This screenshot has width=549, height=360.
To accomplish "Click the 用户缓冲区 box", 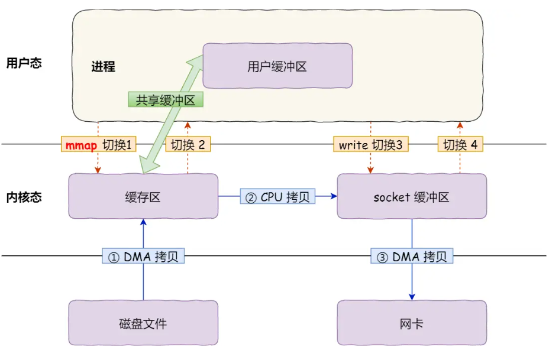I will click(x=277, y=66).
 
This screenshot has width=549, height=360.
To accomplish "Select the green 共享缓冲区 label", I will click(x=166, y=100).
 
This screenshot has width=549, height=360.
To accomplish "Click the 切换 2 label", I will click(x=188, y=145).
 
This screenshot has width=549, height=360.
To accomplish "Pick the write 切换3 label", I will click(x=370, y=145).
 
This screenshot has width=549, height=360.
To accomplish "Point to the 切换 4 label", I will click(x=460, y=145).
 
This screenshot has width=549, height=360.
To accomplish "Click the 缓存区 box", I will click(x=143, y=196).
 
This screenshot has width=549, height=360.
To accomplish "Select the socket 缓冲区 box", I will click(x=411, y=196).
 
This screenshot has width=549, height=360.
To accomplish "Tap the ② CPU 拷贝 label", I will click(x=277, y=197).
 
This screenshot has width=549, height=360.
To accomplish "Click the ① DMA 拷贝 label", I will click(x=144, y=257).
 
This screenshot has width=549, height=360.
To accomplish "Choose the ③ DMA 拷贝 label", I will click(x=412, y=257).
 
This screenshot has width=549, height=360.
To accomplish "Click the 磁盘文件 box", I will click(x=143, y=323).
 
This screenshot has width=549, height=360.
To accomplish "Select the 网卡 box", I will click(x=411, y=323).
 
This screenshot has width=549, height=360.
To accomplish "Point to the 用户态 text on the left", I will click(x=24, y=63).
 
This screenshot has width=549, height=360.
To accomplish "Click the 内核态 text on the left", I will click(x=24, y=197).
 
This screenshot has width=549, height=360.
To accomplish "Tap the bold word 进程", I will click(x=103, y=66).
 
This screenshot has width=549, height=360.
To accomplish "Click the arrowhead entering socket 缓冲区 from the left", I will click(x=333, y=197).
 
